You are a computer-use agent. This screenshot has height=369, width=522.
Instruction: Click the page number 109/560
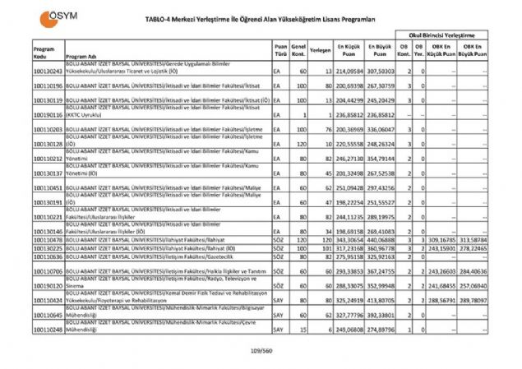[x=261, y=353]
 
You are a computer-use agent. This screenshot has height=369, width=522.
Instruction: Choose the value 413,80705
[x=381, y=301]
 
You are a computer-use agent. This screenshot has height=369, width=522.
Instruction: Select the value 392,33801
[x=381, y=315]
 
